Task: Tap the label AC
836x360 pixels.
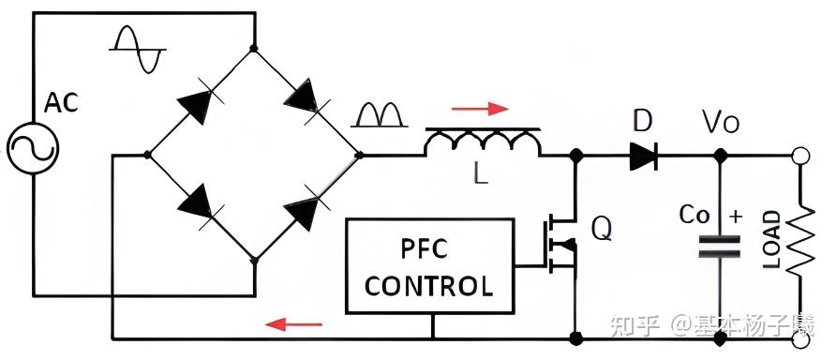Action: coord(61,103)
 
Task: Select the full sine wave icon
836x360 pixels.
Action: coord(138,48)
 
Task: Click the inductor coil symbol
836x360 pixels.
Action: coord(482,142)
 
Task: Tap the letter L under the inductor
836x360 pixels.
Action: coord(481,174)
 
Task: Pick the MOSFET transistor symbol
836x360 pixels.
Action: coord(560,246)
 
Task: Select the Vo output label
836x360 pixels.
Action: coord(722,122)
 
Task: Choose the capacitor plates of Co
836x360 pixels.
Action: coord(720,246)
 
